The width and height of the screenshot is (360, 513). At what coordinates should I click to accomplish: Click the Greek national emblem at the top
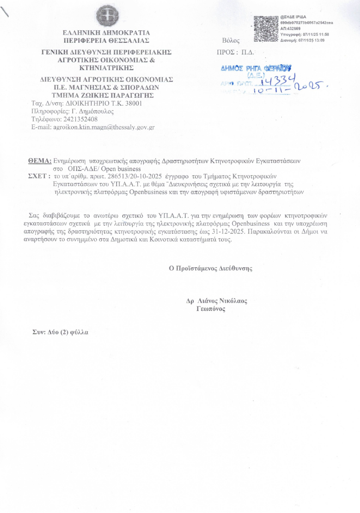coord(106,16)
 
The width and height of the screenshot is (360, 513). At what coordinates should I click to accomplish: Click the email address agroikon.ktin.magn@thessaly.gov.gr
coord(103,127)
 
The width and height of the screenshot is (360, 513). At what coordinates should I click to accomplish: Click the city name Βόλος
coord(231,41)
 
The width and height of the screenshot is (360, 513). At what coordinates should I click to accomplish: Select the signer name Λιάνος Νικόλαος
coord(222,301)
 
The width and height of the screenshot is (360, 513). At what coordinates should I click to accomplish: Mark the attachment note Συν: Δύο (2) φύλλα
coord(61,332)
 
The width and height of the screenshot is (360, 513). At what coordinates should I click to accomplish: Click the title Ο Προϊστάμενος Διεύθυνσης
coord(210,268)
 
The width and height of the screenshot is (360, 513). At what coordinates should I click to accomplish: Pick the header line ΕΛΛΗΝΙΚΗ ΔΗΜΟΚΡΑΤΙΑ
coord(106,32)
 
